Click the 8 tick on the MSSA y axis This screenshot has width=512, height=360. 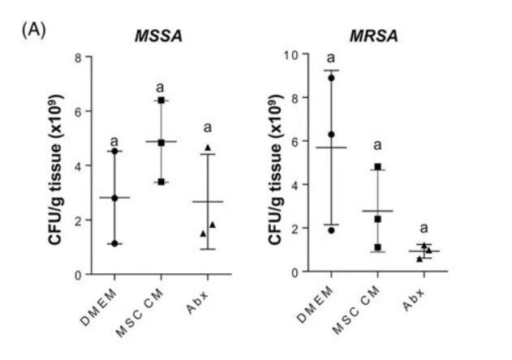click(x=80, y=58)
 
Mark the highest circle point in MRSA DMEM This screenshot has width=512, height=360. click(x=331, y=78)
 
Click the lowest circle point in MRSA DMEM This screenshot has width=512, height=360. click(x=331, y=229)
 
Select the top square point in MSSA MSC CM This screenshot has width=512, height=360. click(x=161, y=100)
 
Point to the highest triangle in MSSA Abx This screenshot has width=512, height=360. click(x=209, y=147)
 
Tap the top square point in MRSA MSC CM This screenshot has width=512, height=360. click(x=377, y=167)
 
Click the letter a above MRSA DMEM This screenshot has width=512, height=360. click(x=331, y=58)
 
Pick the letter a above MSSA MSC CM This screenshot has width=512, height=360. click(x=161, y=86)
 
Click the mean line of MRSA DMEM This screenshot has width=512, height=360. click(x=331, y=148)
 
